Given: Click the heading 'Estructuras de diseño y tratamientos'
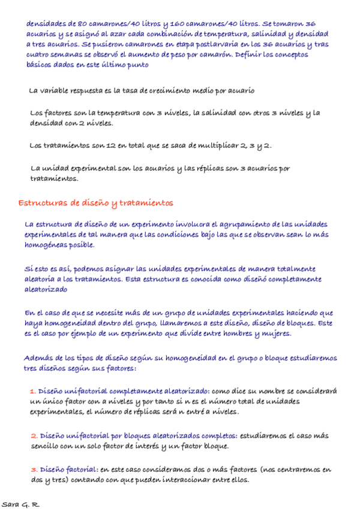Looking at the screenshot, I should tap(96, 203).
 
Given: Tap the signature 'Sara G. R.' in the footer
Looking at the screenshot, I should tap(20, 504).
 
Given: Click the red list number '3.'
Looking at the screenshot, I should tap(34, 469).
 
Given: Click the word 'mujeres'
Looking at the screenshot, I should tap(274, 334).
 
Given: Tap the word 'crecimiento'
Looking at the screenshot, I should tap(160, 91).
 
